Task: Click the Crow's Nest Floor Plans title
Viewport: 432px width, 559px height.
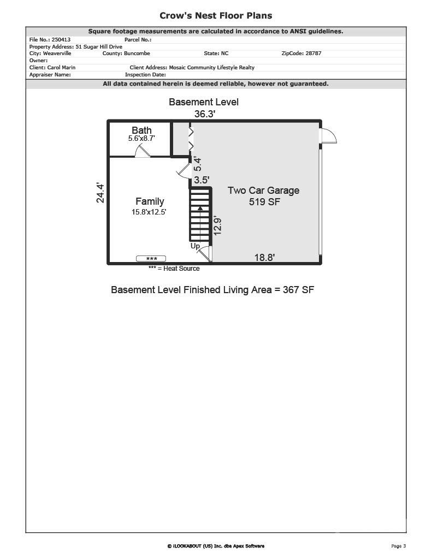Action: (x=216, y=16)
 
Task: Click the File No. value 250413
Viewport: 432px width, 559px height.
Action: (x=61, y=39)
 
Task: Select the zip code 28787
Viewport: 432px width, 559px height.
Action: (x=313, y=53)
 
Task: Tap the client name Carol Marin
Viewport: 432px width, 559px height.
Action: (x=61, y=67)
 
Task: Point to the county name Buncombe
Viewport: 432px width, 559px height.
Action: (x=137, y=53)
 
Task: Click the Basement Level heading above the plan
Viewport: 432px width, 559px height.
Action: (x=204, y=102)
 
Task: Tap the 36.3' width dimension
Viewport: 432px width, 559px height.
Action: (x=205, y=114)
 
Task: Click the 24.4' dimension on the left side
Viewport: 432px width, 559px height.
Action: (x=100, y=193)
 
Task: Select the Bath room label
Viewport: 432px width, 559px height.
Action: (x=141, y=130)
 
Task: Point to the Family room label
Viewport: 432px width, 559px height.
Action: (x=150, y=201)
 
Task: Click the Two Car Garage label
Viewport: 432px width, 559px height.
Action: (x=264, y=191)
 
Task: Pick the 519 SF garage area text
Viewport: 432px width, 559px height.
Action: (x=265, y=202)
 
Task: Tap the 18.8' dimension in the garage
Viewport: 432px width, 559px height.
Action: (x=265, y=257)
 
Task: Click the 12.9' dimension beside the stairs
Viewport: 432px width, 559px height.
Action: (x=217, y=225)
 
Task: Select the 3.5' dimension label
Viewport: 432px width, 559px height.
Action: (x=202, y=180)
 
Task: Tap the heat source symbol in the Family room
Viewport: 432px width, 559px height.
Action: (x=151, y=258)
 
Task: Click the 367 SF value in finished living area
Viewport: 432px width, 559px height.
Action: (x=299, y=290)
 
